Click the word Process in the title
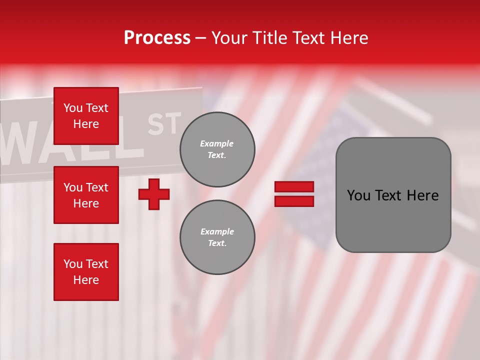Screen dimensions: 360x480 click(157, 38)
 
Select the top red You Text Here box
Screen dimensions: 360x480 click(86, 116)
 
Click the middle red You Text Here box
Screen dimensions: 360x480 click(86, 195)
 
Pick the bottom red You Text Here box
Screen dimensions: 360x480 click(86, 272)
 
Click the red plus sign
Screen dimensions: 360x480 click(154, 194)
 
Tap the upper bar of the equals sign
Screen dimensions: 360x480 click(294, 186)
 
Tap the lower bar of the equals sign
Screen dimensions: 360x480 click(294, 201)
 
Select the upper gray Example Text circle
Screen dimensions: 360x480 click(217, 149)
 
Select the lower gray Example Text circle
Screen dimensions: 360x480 click(217, 237)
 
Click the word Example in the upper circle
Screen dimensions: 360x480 click(217, 143)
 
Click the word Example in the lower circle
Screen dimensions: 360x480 click(217, 231)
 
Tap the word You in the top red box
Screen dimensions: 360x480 click(72, 108)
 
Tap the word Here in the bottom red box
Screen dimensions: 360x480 click(86, 280)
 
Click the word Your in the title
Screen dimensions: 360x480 click(230, 38)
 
